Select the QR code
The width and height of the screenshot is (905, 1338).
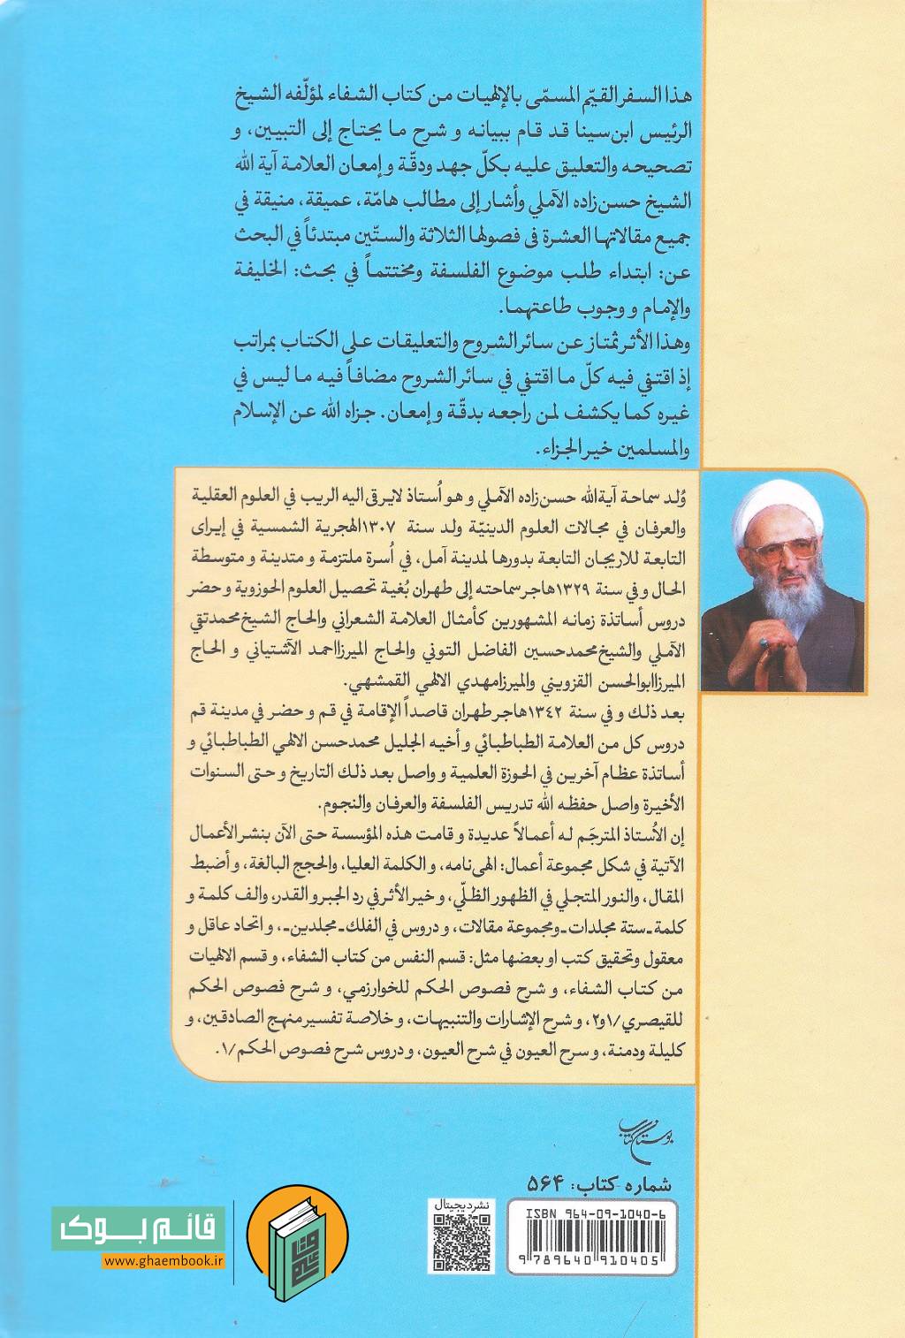click(462, 1241)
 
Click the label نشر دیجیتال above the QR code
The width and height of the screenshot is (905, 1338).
click(461, 1204)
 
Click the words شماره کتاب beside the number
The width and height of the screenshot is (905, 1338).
click(623, 1182)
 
